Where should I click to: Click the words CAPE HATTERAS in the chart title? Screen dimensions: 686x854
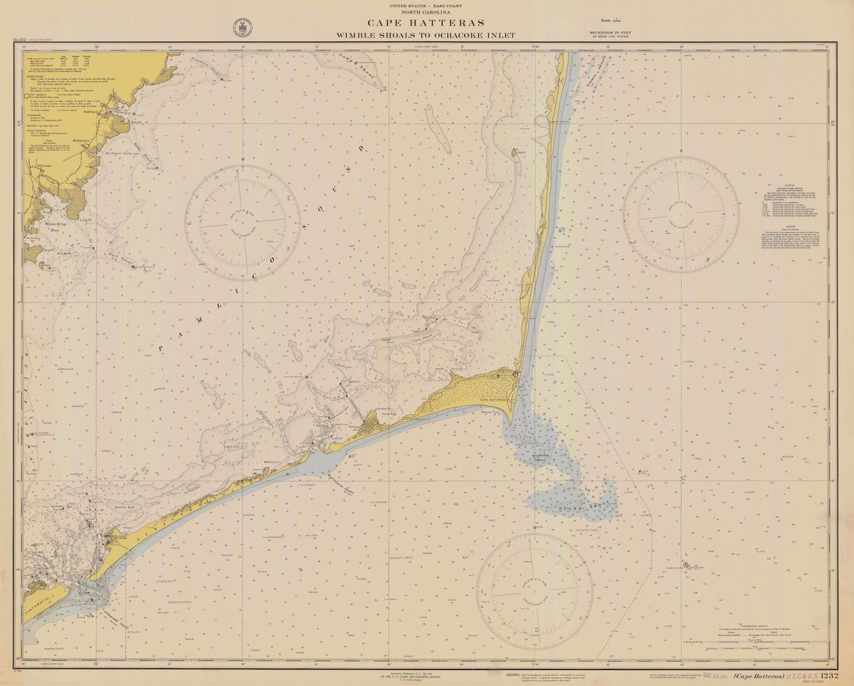point(426,23)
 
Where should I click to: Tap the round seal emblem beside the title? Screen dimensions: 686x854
point(242,28)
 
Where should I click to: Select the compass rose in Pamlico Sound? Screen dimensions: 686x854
point(243,222)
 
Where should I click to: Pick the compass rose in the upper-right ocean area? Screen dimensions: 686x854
point(680,214)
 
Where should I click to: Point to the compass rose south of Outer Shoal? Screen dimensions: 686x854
point(534,591)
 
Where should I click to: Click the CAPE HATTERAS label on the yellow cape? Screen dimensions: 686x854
point(492,400)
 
